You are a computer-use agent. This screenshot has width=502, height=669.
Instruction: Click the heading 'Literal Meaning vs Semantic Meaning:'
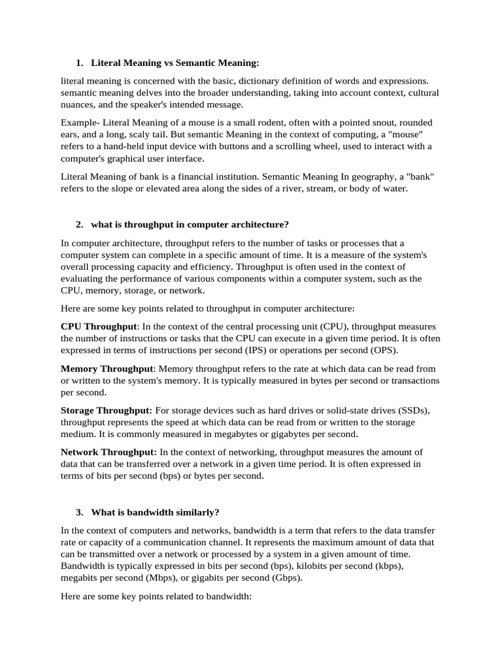[175, 63]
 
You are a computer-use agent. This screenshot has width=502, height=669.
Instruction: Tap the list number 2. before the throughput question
[79, 225]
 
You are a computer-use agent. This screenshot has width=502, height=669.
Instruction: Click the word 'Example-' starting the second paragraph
[80, 122]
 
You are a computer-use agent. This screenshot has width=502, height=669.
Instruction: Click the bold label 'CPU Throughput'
[99, 326]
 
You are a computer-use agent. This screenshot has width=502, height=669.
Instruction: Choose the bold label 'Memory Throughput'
[107, 368]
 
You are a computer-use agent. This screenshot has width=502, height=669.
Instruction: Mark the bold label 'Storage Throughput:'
[107, 410]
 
